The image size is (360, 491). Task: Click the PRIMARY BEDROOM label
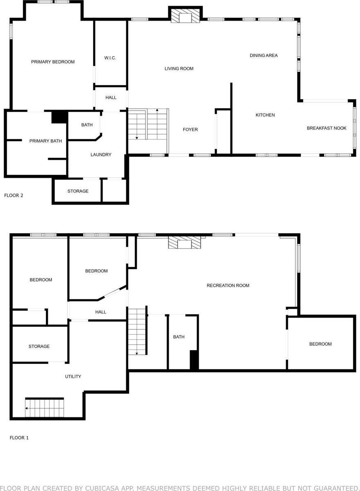pyautogui.click(x=53, y=62)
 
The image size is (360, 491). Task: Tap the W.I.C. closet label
pyautogui.click(x=110, y=58)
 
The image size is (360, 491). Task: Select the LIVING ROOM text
pyautogui.click(x=179, y=69)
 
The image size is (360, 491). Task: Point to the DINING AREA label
pyautogui.click(x=263, y=55)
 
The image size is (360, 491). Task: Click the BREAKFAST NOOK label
pyautogui.click(x=326, y=128)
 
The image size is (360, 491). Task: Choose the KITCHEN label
pyautogui.click(x=265, y=115)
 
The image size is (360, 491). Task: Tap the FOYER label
pyautogui.click(x=190, y=130)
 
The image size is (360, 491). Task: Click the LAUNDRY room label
pyautogui.click(x=101, y=155)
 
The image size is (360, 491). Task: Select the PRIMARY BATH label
pyautogui.click(x=45, y=141)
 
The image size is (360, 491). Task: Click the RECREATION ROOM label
pyautogui.click(x=228, y=286)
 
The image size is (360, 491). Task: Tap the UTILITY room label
pyautogui.click(x=73, y=376)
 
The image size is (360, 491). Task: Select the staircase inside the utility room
pyautogui.click(x=44, y=408)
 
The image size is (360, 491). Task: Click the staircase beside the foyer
pyautogui.click(x=148, y=125)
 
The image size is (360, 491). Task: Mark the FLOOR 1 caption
pyautogui.click(x=19, y=438)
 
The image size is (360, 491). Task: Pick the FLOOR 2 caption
pyautogui.click(x=13, y=195)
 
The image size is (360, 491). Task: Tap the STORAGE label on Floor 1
pyautogui.click(x=39, y=347)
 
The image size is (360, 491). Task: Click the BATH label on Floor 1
pyautogui.click(x=179, y=337)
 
